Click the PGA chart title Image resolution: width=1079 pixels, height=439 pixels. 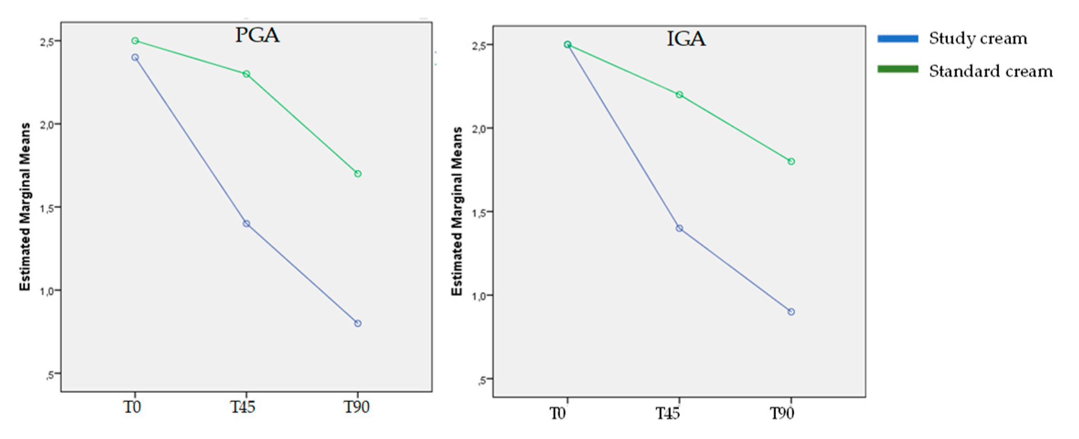click(257, 35)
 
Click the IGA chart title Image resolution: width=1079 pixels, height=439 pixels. click(686, 39)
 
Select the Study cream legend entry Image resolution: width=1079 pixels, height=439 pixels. click(978, 38)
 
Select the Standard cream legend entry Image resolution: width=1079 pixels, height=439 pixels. click(990, 71)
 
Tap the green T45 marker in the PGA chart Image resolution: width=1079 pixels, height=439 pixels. click(246, 74)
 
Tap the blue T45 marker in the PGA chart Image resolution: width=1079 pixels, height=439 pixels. click(246, 224)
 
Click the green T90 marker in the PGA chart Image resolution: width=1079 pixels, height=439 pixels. click(358, 174)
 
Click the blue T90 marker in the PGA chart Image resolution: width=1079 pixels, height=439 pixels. click(358, 323)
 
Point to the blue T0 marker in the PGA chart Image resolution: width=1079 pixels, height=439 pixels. click(135, 57)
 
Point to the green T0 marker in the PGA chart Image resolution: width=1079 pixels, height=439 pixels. click(135, 41)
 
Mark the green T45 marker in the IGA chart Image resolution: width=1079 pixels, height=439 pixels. click(679, 95)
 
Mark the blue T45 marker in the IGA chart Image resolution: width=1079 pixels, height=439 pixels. click(679, 228)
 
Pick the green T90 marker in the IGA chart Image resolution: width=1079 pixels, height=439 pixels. click(791, 161)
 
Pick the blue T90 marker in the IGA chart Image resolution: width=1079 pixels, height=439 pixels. click(791, 312)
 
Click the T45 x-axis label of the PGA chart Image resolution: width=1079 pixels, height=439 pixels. click(242, 407)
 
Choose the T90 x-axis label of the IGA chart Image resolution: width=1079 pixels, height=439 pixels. click(782, 414)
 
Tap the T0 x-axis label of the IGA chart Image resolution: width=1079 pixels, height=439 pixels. click(557, 414)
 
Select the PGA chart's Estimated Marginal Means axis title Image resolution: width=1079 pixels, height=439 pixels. click(25, 207)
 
